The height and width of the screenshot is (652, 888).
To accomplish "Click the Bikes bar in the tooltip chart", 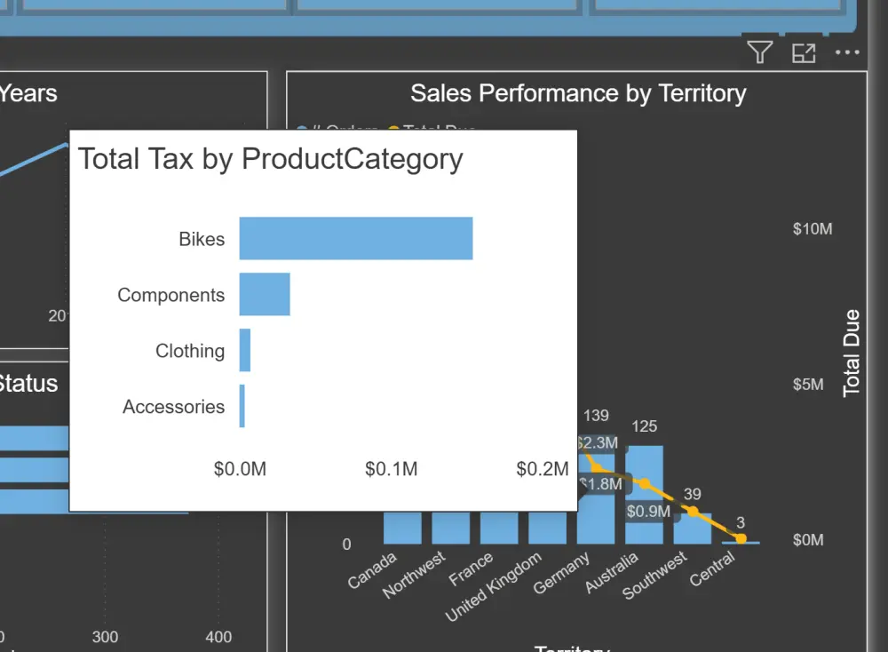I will coord(355,238).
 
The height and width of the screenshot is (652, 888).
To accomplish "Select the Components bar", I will coord(265,294).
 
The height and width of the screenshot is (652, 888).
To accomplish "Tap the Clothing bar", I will coord(245,350).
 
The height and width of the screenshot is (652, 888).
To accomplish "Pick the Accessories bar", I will coord(242,406).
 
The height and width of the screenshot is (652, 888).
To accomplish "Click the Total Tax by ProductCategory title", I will coord(271,159).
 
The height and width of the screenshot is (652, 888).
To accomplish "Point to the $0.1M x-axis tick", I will coord(391,469).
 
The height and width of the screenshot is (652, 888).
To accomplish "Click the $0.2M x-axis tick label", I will coord(542,469).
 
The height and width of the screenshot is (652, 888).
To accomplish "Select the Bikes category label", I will coord(202,239).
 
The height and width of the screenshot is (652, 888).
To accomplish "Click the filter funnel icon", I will coord(759,53).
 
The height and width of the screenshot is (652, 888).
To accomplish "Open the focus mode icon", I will coord(804,53).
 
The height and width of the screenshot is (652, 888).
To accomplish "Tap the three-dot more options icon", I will coord(847,53).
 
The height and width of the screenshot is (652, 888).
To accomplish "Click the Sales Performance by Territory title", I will coord(578,93).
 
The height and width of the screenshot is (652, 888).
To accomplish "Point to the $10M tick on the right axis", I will coord(813,229).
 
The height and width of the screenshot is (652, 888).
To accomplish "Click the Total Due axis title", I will coord(852,353).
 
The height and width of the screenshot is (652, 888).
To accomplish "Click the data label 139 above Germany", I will coord(596,416).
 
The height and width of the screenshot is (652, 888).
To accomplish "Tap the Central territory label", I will coord(713,570).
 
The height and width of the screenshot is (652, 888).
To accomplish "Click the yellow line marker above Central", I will coord(741,537).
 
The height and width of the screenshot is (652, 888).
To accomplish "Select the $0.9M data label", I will coord(648,512).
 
